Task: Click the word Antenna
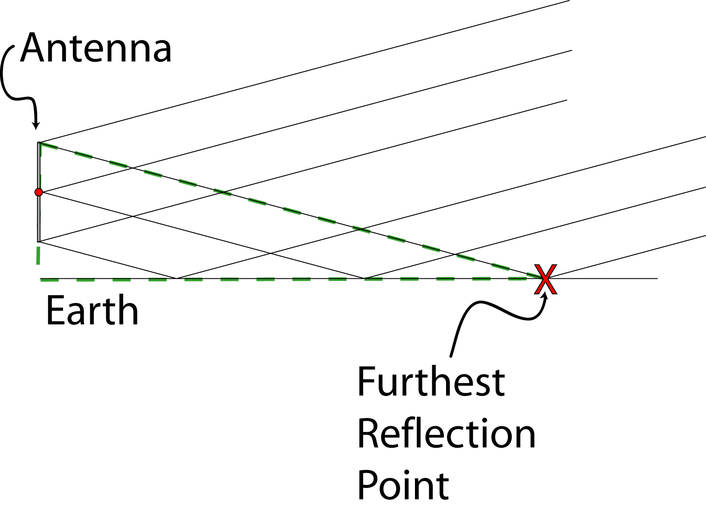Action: click(x=96, y=48)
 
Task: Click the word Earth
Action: click(x=92, y=310)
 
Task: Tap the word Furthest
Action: click(x=431, y=382)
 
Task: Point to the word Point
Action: click(x=403, y=485)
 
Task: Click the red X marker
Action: click(x=545, y=279)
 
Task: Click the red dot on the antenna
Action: click(x=39, y=192)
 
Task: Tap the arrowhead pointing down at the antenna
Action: click(x=36, y=125)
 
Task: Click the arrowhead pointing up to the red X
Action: click(x=546, y=296)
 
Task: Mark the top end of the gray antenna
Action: click(x=39, y=143)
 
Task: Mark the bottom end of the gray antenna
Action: click(x=39, y=241)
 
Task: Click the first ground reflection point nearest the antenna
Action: click(x=176, y=278)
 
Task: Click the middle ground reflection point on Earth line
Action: click(x=365, y=278)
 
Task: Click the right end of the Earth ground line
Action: click(x=657, y=278)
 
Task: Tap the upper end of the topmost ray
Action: click(x=569, y=1)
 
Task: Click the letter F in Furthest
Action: click(x=366, y=382)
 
